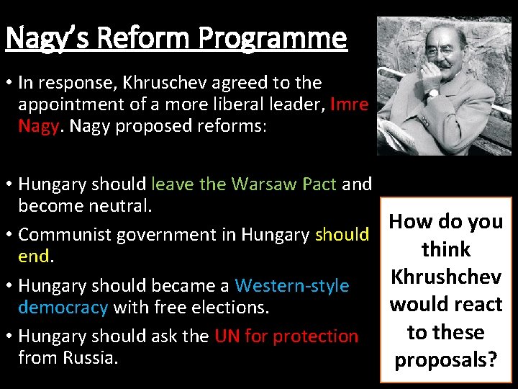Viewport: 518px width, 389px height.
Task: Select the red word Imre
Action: (350, 104)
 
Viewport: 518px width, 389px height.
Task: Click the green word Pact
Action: (319, 184)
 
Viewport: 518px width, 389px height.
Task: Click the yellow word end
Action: (32, 256)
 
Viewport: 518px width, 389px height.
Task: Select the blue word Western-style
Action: (292, 286)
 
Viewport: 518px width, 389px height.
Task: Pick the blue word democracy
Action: (63, 308)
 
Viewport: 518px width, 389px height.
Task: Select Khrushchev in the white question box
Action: (446, 277)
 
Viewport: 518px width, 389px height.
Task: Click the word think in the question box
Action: (446, 249)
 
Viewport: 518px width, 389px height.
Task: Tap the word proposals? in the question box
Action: (446, 359)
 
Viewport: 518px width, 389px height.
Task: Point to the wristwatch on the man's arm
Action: (432, 93)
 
